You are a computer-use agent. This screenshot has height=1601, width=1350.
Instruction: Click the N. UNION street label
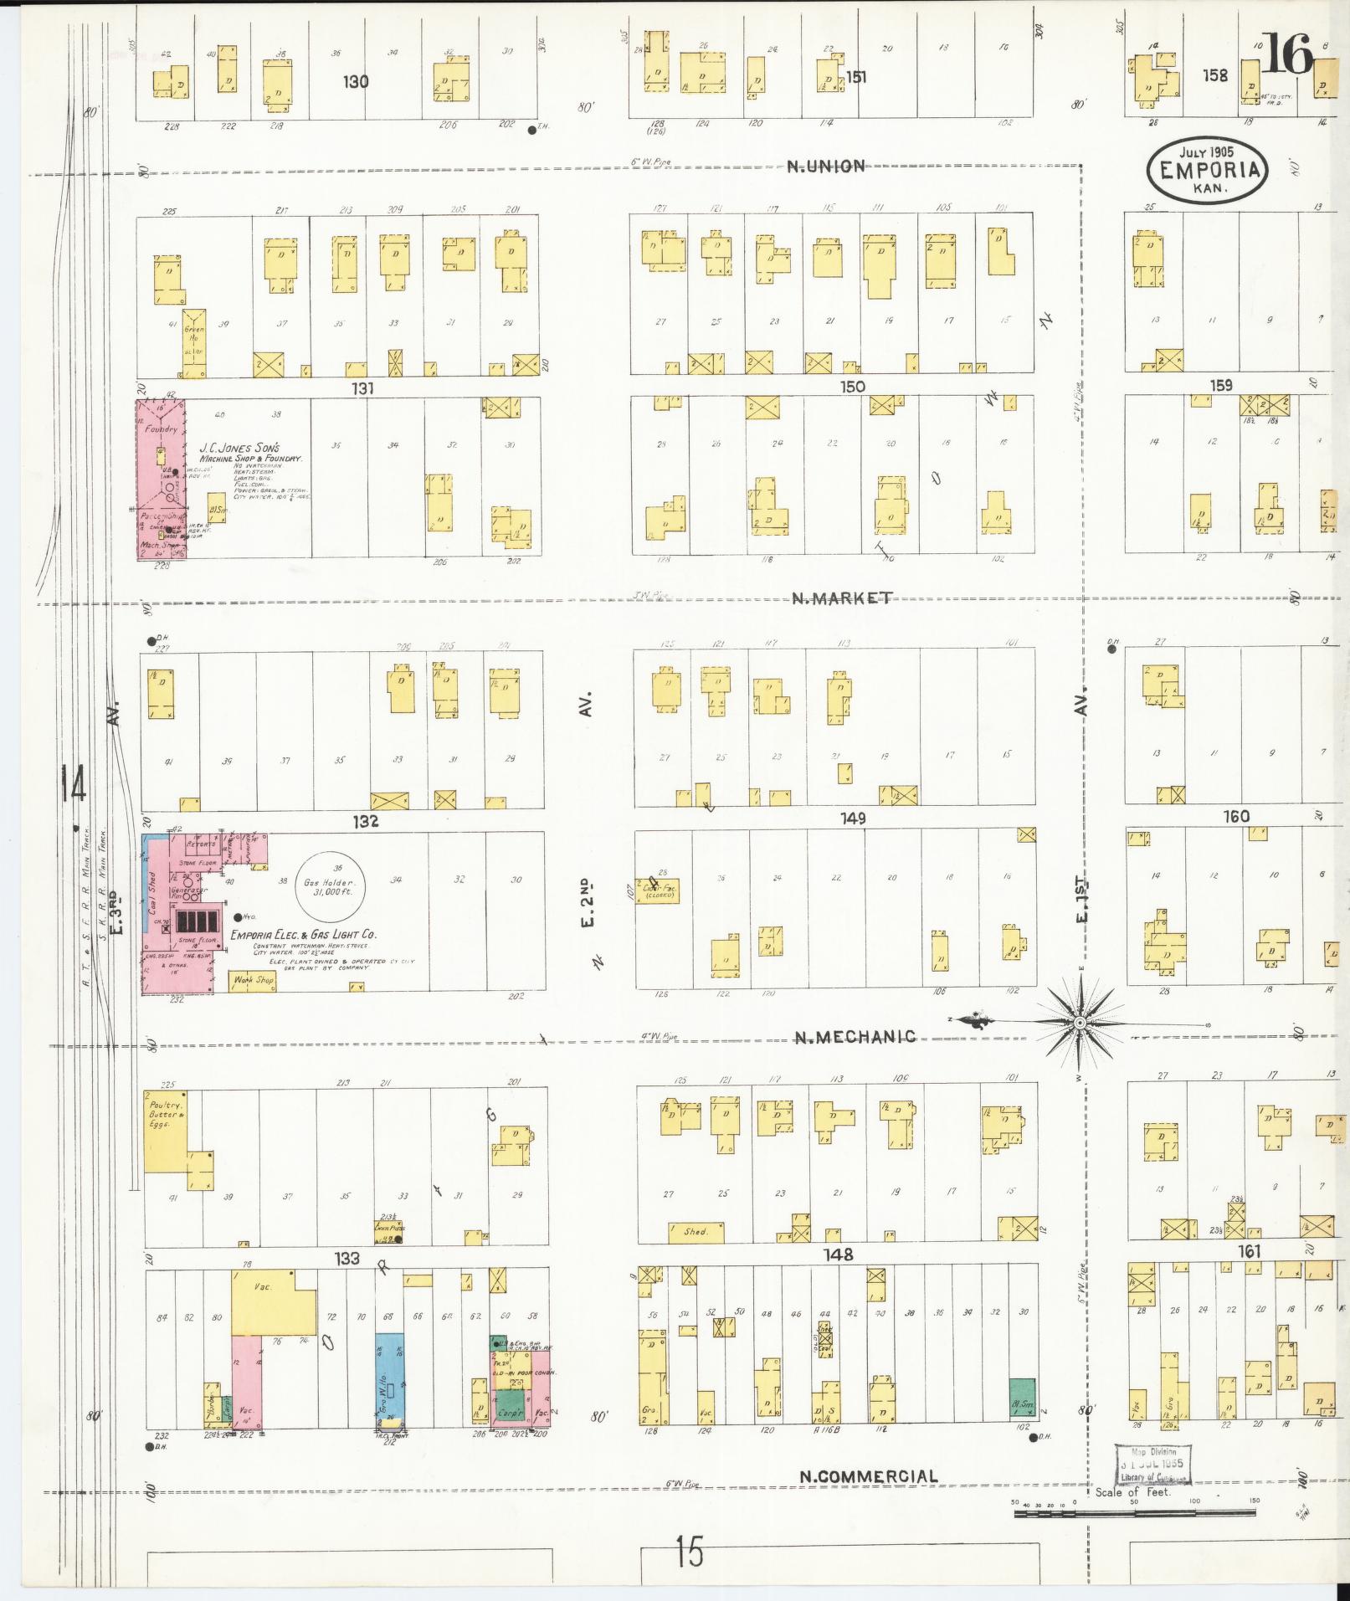pos(825,166)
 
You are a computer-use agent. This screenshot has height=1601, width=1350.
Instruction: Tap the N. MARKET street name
pos(842,598)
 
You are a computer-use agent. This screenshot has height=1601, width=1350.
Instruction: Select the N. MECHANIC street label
pos(854,1037)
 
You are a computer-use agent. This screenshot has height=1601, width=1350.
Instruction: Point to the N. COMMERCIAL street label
pos(868,1476)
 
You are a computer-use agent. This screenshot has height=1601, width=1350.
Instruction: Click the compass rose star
pos(1080,1023)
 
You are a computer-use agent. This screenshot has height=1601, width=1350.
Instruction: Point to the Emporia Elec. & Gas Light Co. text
pos(303,934)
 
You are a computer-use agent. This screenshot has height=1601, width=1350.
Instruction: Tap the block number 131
pos(362,388)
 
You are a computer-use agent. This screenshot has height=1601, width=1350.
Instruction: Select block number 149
pos(853,818)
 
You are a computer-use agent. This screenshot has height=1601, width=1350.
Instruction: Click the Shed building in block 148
pos(696,1232)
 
